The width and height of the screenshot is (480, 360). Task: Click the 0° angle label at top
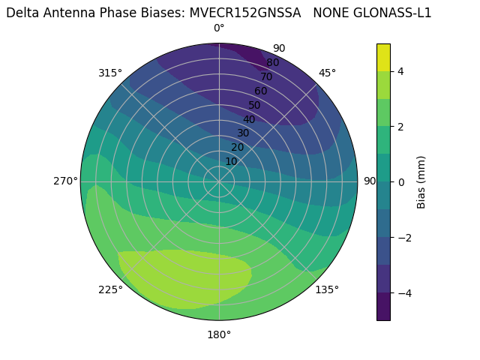[219, 28]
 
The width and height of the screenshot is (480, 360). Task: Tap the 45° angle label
[327, 73]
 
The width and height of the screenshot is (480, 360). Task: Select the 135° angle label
[327, 289]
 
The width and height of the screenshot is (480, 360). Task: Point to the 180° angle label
[219, 334]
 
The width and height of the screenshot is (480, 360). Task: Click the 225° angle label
[110, 290]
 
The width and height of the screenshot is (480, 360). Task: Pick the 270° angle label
[66, 181]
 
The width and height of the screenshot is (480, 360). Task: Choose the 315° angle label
[110, 73]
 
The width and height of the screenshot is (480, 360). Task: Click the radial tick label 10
[231, 161]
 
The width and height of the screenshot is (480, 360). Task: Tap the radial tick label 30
[243, 133]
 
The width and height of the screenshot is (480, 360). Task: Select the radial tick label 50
[255, 106]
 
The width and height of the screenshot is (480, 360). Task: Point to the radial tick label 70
[266, 77]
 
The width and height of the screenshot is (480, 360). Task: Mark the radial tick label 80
[272, 63]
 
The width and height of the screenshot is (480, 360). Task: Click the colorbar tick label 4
[401, 71]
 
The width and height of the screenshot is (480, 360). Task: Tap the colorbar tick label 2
[401, 127]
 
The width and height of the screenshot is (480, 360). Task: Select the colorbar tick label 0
[401, 181]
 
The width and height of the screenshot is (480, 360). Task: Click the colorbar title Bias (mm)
[421, 181]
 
